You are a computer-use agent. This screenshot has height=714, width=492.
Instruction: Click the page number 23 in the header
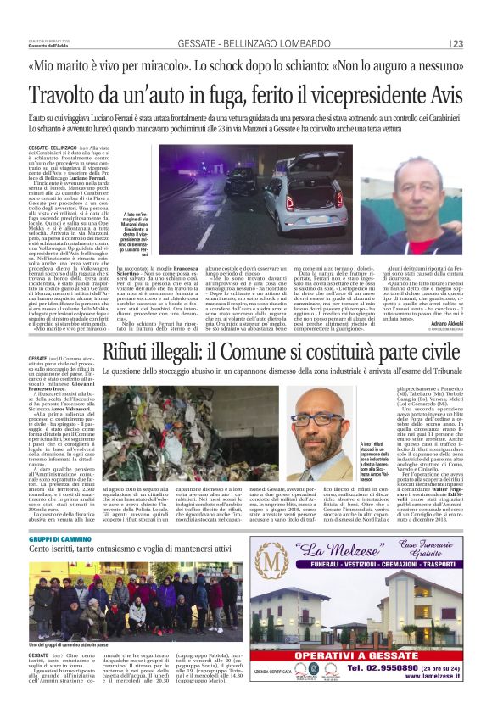[458, 44]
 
